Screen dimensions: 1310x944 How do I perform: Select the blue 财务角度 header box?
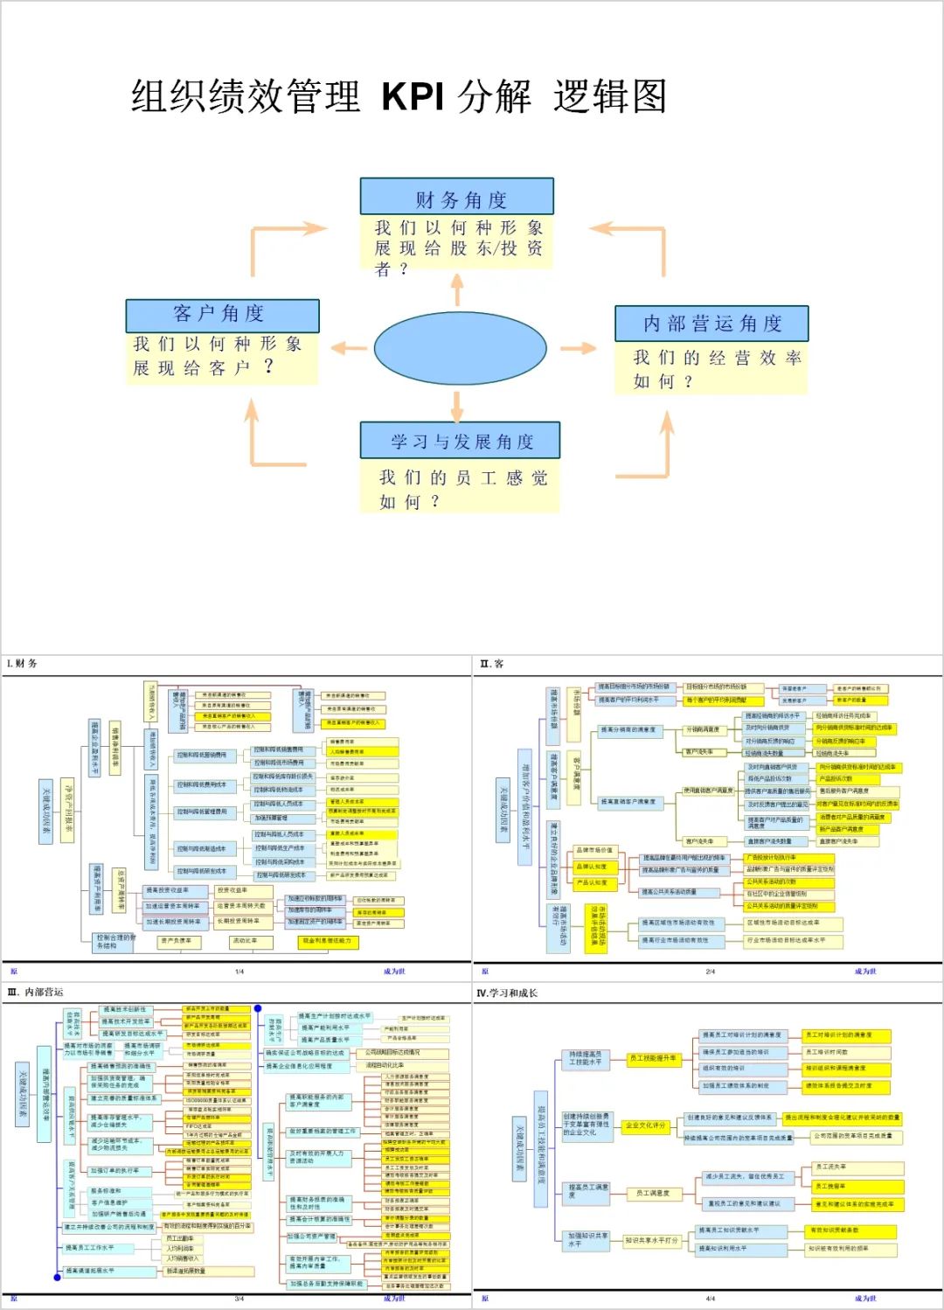457,197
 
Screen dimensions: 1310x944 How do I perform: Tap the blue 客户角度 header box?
222,315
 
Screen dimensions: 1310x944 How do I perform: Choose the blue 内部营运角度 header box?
711,324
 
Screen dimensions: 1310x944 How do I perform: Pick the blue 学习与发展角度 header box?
461,441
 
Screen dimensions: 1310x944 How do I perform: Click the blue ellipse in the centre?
460,347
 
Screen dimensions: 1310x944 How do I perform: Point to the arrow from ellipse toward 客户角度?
349,348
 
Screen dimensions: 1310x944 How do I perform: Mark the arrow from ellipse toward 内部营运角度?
577,348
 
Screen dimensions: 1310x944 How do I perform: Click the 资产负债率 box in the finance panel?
175,941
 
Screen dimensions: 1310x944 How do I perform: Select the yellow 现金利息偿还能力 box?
325,941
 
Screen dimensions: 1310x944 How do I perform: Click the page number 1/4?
239,972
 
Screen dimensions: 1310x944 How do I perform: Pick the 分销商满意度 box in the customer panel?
703,729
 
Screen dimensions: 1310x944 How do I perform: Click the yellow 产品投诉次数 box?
836,778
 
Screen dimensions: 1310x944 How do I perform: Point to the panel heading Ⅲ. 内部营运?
35,993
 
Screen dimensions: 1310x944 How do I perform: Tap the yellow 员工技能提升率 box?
654,1058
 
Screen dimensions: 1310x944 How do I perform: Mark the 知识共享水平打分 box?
651,1240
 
